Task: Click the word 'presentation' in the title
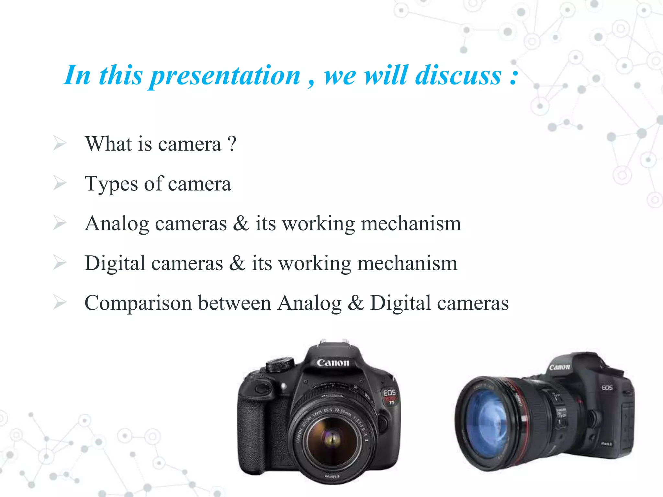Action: (226, 76)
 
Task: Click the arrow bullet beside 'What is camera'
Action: (60, 143)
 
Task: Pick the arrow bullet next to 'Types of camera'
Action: (60, 183)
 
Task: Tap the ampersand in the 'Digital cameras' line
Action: (237, 263)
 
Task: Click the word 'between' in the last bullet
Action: (234, 303)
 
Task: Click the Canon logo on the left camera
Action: (333, 363)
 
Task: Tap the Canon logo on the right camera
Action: (559, 367)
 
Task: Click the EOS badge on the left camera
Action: (389, 392)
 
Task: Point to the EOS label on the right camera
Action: (607, 388)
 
